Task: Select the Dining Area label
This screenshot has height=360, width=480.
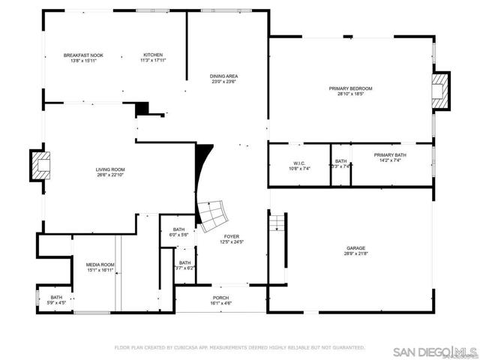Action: (224, 78)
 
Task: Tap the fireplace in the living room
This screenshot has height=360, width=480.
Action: (40, 164)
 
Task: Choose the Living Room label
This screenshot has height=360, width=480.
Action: (109, 172)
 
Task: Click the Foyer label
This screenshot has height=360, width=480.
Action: (231, 238)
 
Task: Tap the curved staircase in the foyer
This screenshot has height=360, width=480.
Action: (214, 213)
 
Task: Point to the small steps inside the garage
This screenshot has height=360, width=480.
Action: (277, 223)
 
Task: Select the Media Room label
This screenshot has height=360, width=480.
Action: (100, 266)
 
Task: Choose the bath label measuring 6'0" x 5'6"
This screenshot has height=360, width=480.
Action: (178, 232)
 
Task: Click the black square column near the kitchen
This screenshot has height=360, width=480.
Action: (142, 109)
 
